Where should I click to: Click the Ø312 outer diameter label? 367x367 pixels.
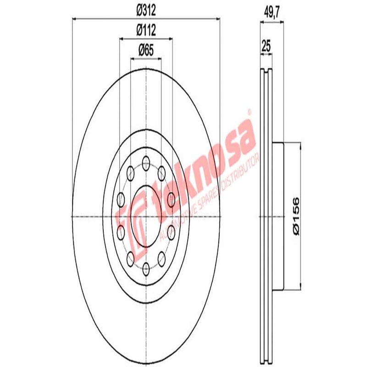coord(146,9)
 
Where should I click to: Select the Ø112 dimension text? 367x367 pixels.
coord(146,30)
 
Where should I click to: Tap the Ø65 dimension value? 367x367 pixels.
coord(146,50)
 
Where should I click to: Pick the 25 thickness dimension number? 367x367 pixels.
coord(266,46)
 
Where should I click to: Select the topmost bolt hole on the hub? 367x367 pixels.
coord(146,161)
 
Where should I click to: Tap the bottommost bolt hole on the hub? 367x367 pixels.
coord(146,268)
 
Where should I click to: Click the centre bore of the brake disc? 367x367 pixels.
coord(146,216)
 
